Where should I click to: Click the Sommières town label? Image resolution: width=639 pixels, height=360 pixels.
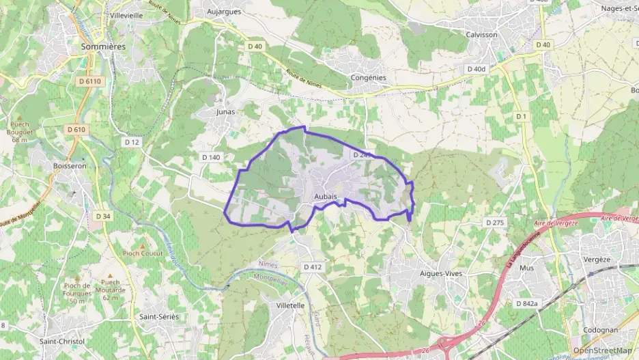click(x=103, y=46)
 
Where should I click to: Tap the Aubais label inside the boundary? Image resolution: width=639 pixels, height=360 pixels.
click(x=325, y=197)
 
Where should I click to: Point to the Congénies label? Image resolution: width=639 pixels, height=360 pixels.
click(x=368, y=78)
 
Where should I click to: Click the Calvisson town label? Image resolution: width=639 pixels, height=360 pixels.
click(x=481, y=34)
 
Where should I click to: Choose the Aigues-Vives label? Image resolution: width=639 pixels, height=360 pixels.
click(x=440, y=273)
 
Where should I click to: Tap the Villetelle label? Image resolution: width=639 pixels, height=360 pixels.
click(x=291, y=305)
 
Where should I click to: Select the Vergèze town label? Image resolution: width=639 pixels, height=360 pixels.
click(x=597, y=260)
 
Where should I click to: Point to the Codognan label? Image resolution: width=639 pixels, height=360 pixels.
click(x=601, y=330)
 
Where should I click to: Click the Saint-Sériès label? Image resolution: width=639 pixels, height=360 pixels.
click(x=158, y=317)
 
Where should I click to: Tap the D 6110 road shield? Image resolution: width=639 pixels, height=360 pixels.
click(x=89, y=81)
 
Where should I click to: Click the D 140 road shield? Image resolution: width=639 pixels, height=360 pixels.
click(x=212, y=157)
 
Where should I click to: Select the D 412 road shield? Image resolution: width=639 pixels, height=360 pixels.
click(x=312, y=266)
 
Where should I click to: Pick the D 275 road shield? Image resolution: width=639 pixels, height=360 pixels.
click(x=495, y=223)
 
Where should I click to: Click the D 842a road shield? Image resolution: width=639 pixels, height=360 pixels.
click(x=528, y=303)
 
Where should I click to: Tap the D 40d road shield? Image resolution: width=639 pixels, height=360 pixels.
click(x=477, y=69)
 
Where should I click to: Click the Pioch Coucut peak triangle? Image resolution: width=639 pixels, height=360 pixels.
click(x=143, y=246)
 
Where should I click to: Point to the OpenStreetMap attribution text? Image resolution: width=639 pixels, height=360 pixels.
click(x=602, y=350)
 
